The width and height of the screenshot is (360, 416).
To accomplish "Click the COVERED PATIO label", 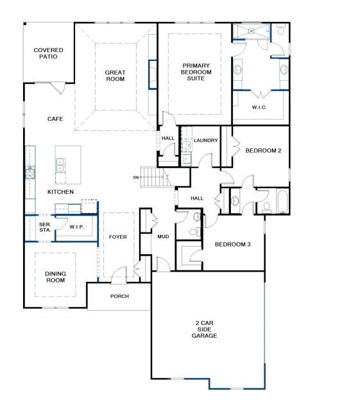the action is [48, 53].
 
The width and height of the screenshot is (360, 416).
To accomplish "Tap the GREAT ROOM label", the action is [115, 76].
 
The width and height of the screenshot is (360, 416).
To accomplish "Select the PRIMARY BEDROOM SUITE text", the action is [196, 72].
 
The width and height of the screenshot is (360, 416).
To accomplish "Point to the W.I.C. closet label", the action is [259, 107].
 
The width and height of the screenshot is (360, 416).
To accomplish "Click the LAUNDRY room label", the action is [205, 141].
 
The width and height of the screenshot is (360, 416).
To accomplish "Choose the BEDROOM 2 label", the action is [263, 151].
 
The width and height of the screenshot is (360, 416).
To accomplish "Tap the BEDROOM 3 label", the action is [232, 245].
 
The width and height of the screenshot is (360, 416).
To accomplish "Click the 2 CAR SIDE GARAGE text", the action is [204, 329].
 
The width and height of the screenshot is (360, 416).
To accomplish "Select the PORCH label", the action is [119, 296].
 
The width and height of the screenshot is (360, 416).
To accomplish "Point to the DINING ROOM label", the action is [55, 277].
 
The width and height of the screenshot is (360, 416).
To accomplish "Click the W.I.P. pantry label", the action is [77, 227].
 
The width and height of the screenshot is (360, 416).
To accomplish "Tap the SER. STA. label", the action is [45, 227].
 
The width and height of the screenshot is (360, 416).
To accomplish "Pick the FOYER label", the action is [118, 237].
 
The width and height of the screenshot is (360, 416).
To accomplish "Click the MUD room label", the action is [163, 237].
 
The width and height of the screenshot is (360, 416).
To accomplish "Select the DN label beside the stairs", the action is [136, 177].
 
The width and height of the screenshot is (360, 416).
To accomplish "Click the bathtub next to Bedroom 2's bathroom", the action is [283, 202].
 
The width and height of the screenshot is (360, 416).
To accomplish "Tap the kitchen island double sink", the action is [60, 165].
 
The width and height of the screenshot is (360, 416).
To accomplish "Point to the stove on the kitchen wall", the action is [30, 172].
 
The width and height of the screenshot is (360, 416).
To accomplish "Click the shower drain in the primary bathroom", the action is [252, 31].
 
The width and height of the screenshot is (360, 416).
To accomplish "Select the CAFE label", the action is [55, 119].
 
